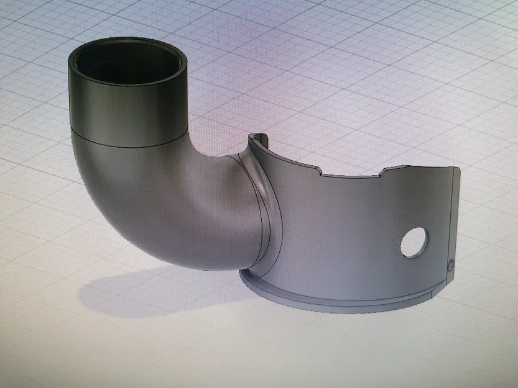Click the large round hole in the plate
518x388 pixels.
point(414,242)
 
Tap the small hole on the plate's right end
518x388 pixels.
point(450,263)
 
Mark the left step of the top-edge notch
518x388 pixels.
point(318,170)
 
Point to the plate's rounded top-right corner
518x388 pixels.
point(457,169)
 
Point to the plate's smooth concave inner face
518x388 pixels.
point(336,236)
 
